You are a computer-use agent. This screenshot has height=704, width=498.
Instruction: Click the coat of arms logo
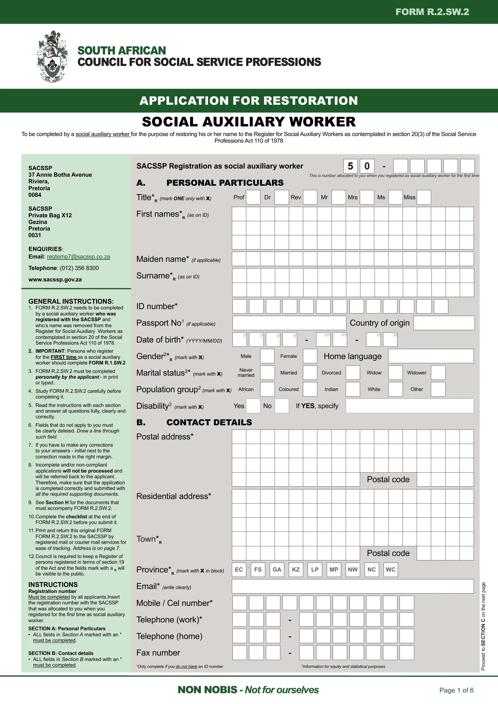(52, 56)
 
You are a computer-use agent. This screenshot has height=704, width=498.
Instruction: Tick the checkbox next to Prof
(253, 197)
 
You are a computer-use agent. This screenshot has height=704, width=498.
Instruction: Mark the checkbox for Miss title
(424, 197)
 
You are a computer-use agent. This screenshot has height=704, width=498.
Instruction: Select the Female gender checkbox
(310, 356)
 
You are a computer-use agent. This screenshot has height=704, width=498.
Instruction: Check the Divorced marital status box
(353, 373)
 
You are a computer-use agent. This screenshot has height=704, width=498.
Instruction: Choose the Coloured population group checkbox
(310, 389)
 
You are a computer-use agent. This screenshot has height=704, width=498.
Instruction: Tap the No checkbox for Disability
(282, 406)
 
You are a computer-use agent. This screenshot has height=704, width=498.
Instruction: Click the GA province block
(277, 570)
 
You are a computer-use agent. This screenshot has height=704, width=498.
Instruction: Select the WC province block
(391, 570)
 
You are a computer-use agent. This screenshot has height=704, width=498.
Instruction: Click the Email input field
(353, 586)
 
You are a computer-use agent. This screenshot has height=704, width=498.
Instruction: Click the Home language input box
(431, 356)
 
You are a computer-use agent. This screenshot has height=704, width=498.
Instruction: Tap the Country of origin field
(444, 323)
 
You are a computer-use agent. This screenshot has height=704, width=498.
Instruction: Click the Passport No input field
(289, 323)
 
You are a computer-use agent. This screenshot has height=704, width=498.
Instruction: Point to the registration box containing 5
(350, 166)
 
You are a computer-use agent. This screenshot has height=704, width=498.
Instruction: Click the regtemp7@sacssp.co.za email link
(78, 257)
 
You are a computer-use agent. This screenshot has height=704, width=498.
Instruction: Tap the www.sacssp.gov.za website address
(55, 280)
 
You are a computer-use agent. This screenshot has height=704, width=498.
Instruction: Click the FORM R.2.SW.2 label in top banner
(432, 12)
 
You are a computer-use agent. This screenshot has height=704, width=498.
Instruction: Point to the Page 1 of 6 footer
(456, 690)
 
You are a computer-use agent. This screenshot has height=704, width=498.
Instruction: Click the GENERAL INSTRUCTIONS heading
(71, 301)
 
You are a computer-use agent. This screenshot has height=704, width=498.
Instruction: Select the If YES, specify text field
(409, 406)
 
